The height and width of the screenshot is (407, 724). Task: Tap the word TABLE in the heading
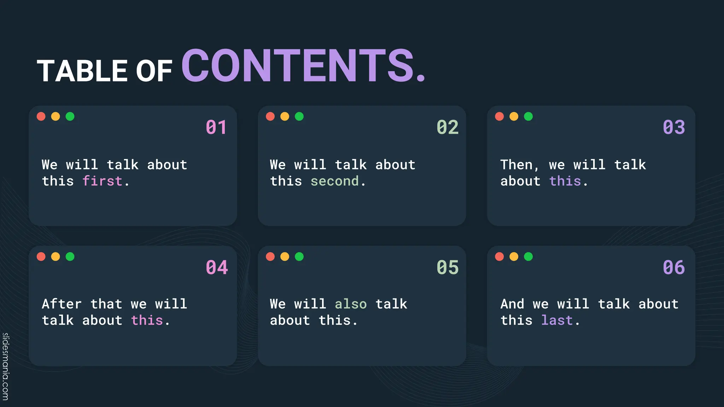point(82,71)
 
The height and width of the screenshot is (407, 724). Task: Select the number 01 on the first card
point(216,127)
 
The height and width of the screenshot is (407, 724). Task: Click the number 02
point(447,127)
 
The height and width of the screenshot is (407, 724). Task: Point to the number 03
point(674,127)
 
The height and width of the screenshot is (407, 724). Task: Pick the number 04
point(217,267)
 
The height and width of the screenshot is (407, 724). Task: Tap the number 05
point(447,267)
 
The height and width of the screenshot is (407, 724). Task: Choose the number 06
point(674,267)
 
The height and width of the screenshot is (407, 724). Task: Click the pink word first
point(102,181)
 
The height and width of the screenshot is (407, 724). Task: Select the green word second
point(334,181)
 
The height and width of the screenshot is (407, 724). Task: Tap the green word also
point(351,304)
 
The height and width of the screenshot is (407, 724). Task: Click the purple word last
point(557,320)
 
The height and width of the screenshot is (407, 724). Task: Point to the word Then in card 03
point(517,165)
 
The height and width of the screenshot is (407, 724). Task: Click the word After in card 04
point(62,304)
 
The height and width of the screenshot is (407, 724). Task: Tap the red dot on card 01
point(41,117)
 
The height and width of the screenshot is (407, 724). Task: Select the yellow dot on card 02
point(285,117)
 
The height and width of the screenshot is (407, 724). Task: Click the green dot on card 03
point(528,117)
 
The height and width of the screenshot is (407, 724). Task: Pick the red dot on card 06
point(499,256)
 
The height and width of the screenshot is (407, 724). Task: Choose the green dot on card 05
point(299,256)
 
